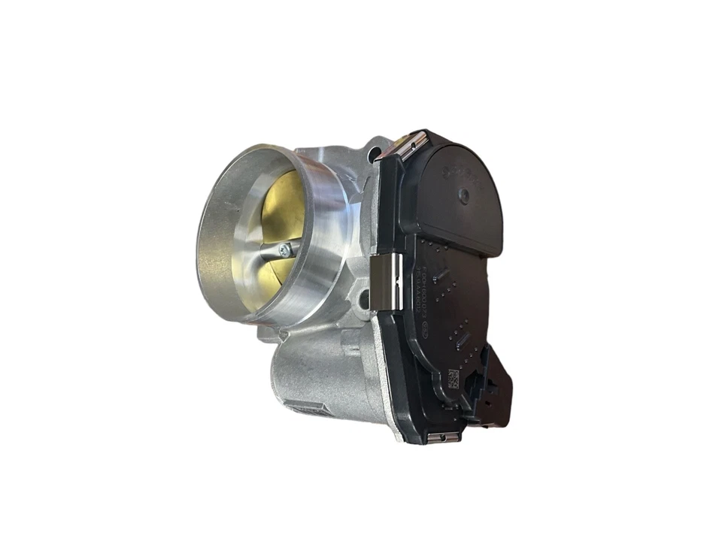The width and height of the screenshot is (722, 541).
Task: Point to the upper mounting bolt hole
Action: (x=374, y=156)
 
